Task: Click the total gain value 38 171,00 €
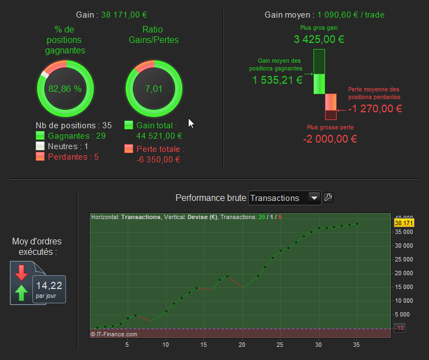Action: (x=124, y=15)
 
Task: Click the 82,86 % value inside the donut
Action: (x=65, y=89)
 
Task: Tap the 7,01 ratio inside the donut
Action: (x=154, y=89)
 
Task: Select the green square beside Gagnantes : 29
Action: (x=40, y=135)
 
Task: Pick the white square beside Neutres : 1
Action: (x=40, y=146)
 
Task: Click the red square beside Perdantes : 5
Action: (x=40, y=156)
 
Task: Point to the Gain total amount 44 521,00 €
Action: (x=159, y=136)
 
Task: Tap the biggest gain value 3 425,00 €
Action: (x=319, y=39)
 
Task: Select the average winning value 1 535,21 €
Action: (x=277, y=80)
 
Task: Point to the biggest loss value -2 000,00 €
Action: (x=330, y=139)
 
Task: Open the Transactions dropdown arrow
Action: (x=314, y=198)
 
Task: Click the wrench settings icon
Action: (x=328, y=197)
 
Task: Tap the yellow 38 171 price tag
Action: (x=404, y=223)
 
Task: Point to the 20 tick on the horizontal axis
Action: (x=242, y=345)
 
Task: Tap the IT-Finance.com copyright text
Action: (x=114, y=334)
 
